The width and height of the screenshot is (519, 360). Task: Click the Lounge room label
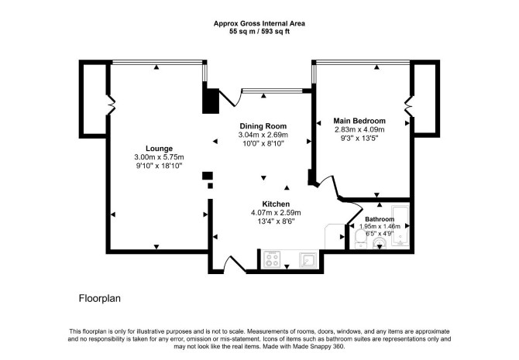pos(160,149)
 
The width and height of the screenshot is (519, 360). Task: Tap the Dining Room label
pos(263,126)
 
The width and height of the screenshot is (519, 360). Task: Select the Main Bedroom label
pos(359,121)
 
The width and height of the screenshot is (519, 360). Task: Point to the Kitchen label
pos(276,204)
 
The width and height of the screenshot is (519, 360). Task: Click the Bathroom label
pos(380,219)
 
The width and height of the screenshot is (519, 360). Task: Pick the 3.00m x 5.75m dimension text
pos(160,157)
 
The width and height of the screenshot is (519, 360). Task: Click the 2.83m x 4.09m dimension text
pos(359,129)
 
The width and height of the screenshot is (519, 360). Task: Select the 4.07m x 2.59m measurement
pos(276,213)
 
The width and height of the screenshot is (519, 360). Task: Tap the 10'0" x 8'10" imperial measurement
pos(263,143)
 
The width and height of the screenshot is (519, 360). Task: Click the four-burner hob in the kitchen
pos(272,259)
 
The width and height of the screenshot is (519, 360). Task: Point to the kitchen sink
pos(308,260)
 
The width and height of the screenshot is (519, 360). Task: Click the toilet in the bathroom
pos(359,239)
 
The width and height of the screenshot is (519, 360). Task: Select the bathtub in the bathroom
pos(400,225)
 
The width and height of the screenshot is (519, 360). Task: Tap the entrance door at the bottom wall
pos(235,264)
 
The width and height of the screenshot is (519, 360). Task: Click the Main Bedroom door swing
pos(328,187)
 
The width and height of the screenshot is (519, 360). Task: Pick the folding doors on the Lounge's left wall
pos(111,105)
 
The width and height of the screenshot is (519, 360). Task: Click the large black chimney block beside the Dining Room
pos(211,101)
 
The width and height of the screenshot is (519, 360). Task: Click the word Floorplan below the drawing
pos(100,299)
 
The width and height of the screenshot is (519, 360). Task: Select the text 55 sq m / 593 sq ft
pos(259,32)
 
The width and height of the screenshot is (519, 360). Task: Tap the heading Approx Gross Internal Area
pos(259,23)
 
